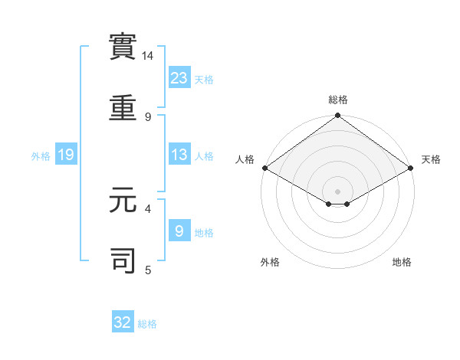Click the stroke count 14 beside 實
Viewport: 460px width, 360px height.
point(147,56)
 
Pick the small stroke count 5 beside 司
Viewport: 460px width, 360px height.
point(147,270)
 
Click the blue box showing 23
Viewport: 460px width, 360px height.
point(179,77)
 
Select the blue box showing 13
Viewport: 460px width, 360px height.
point(179,155)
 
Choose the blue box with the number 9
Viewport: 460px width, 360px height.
point(179,231)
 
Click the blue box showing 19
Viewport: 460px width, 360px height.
point(66,155)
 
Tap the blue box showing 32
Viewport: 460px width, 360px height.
point(123,322)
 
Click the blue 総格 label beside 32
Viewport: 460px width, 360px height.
point(147,324)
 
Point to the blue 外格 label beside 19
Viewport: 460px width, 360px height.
point(41,156)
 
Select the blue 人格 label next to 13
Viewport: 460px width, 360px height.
point(204,156)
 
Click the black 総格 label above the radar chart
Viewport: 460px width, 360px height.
point(337,100)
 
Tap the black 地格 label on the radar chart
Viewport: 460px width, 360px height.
point(402,262)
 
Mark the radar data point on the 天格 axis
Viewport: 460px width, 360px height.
point(410,168)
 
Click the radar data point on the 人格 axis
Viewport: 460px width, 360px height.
point(264,168)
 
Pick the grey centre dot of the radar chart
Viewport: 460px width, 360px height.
point(337,191)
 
